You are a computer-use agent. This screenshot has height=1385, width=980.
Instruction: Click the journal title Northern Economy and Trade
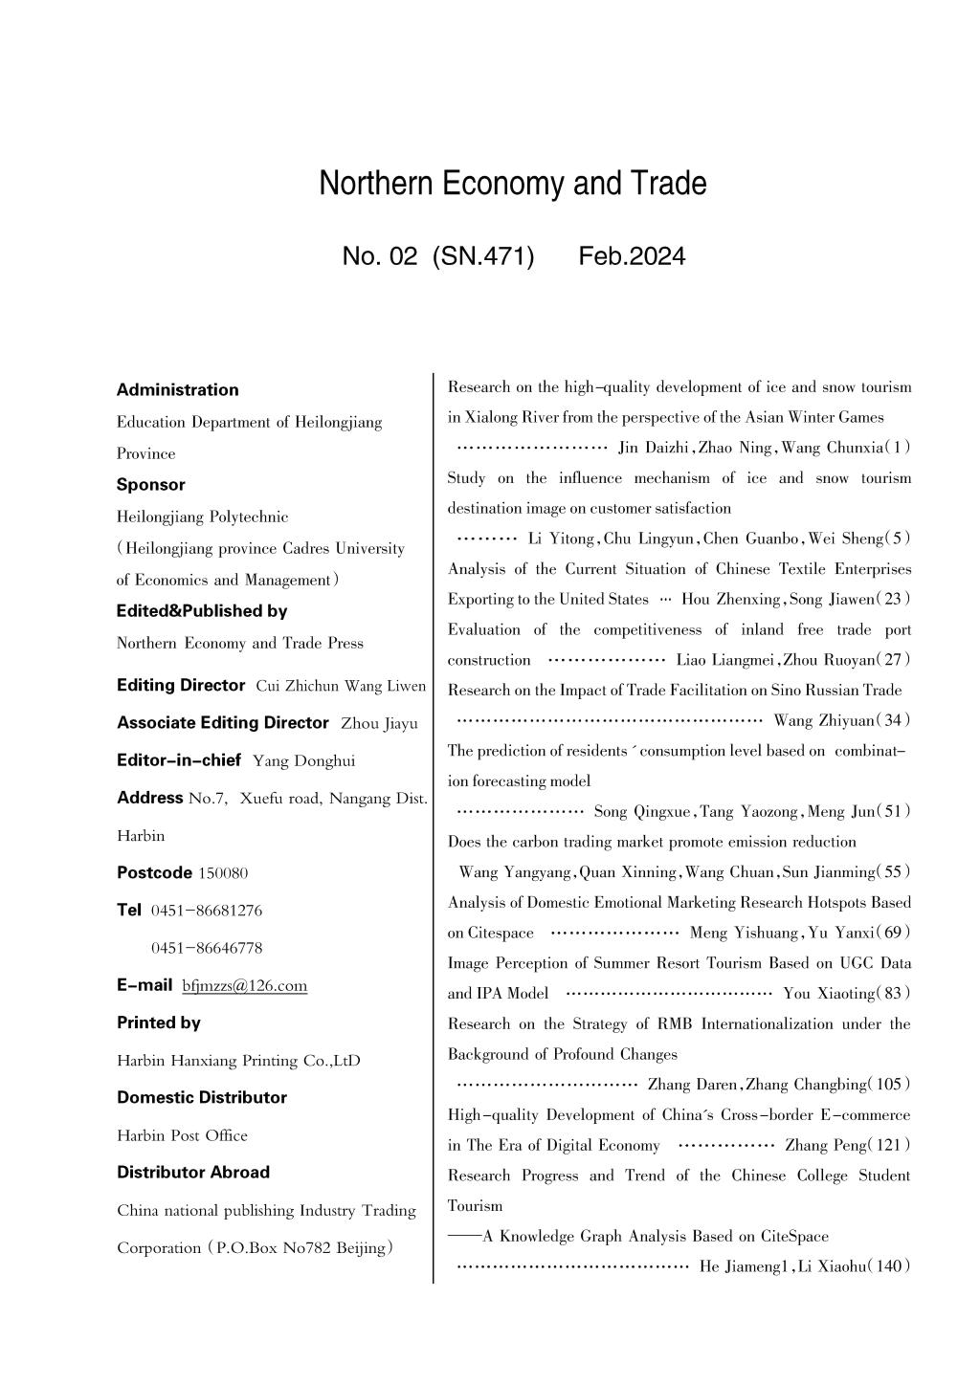[513, 184]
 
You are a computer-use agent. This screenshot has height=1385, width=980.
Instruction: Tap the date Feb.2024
[632, 256]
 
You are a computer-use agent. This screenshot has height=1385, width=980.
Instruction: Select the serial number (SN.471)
[483, 256]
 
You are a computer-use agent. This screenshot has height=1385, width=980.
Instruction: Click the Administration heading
[177, 389]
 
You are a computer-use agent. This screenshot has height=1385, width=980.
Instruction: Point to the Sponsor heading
[150, 484]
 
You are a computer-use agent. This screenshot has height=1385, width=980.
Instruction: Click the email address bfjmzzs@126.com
[244, 985]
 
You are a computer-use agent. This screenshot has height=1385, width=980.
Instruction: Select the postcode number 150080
[223, 872]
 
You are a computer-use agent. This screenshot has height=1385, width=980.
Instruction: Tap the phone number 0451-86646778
[207, 948]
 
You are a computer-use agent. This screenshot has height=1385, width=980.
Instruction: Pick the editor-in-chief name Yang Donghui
[303, 760]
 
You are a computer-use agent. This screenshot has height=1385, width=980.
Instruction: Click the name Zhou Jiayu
[379, 723]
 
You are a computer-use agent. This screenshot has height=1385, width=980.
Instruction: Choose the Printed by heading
[158, 1022]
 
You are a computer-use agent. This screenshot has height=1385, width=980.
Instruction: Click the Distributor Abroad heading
[192, 1172]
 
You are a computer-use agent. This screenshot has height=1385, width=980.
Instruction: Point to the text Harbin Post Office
[182, 1135]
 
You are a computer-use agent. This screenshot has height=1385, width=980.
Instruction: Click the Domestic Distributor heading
[201, 1097]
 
